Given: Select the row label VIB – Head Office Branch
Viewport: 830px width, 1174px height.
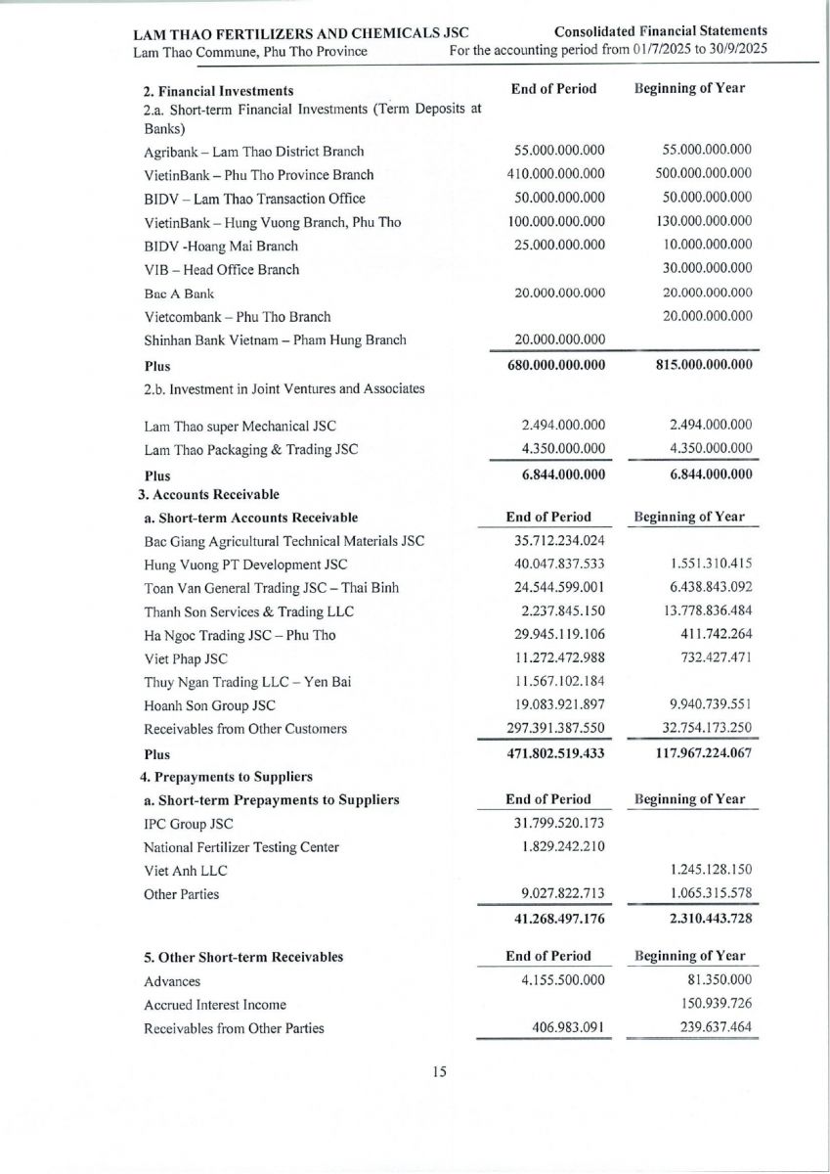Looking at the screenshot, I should pos(221,269).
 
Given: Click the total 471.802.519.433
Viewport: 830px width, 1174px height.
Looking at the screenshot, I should pos(552,754).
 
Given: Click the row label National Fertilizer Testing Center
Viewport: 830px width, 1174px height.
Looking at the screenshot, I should pos(241,847).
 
